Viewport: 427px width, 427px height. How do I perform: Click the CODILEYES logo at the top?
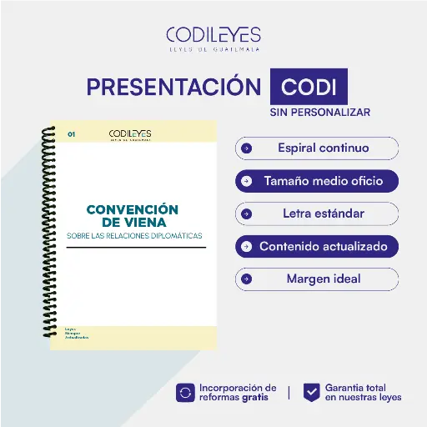(213, 38)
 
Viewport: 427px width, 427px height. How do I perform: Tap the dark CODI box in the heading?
(309, 88)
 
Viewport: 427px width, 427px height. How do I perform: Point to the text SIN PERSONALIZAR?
(319, 112)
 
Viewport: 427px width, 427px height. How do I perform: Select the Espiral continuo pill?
(317, 148)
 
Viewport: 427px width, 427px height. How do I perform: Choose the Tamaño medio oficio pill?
(317, 180)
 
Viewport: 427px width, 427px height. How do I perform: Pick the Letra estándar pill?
(317, 213)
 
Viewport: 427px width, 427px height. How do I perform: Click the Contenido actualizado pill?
(317, 247)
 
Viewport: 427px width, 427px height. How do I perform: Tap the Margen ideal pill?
(317, 279)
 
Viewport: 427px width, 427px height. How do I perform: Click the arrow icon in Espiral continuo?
(246, 148)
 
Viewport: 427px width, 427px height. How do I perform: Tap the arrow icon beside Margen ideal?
(246, 279)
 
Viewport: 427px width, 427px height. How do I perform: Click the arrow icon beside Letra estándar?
(246, 213)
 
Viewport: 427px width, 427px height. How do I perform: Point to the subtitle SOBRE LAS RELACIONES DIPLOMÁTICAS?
(134, 236)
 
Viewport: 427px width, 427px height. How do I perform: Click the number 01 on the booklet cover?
(72, 133)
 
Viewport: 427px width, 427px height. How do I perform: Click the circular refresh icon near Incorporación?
(185, 392)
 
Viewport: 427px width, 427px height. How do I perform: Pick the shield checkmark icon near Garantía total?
(311, 392)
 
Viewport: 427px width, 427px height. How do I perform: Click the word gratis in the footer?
(255, 397)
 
